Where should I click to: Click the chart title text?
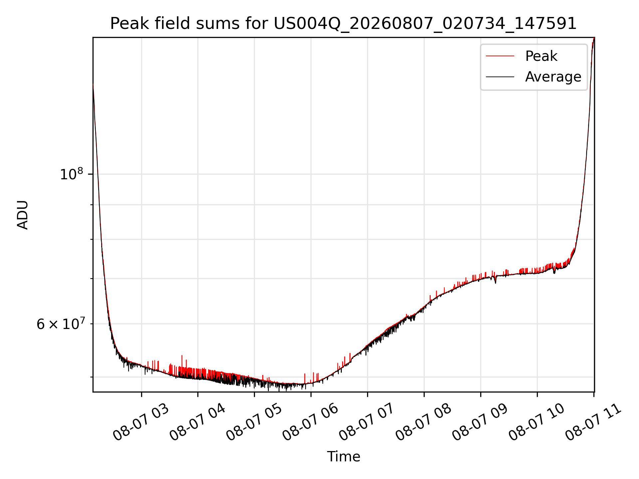343,24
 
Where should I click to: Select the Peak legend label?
541,56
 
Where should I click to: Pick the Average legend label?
553,77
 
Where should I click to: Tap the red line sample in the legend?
500,56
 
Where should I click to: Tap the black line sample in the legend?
500,77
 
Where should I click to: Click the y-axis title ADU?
23,215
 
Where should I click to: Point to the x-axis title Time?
343,456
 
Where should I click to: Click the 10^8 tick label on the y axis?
71,174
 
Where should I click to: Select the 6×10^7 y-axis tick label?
60,323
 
